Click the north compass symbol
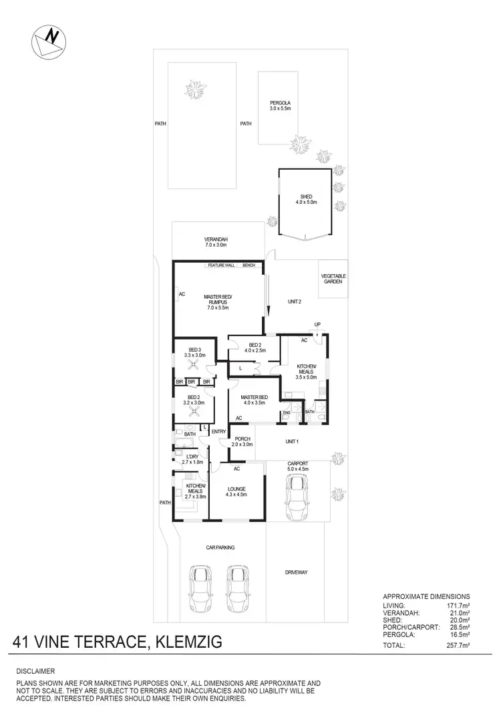click(47, 41)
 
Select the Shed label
click(305, 199)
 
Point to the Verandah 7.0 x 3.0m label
click(216, 243)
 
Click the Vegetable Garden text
click(333, 279)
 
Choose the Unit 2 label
click(295, 302)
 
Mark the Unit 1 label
click(291, 442)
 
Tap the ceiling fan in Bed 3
click(194, 365)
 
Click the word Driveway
click(295, 572)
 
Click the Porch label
click(242, 441)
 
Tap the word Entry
click(219, 432)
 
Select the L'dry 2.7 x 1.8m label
click(192, 459)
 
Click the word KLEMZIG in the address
click(188, 643)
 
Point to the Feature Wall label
click(221, 265)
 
